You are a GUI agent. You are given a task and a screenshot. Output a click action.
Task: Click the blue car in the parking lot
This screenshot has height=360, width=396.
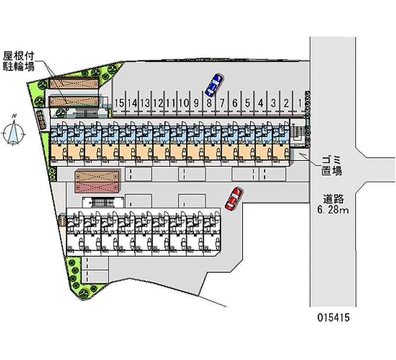pyautogui.click(x=213, y=84)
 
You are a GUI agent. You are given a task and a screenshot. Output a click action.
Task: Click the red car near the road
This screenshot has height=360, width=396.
pyautogui.click(x=233, y=199)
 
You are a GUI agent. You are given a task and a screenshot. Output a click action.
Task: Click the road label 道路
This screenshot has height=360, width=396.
pyautogui.click(x=334, y=199)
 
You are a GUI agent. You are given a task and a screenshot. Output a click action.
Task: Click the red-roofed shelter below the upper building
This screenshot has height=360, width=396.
pyautogui.click(x=98, y=181)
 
